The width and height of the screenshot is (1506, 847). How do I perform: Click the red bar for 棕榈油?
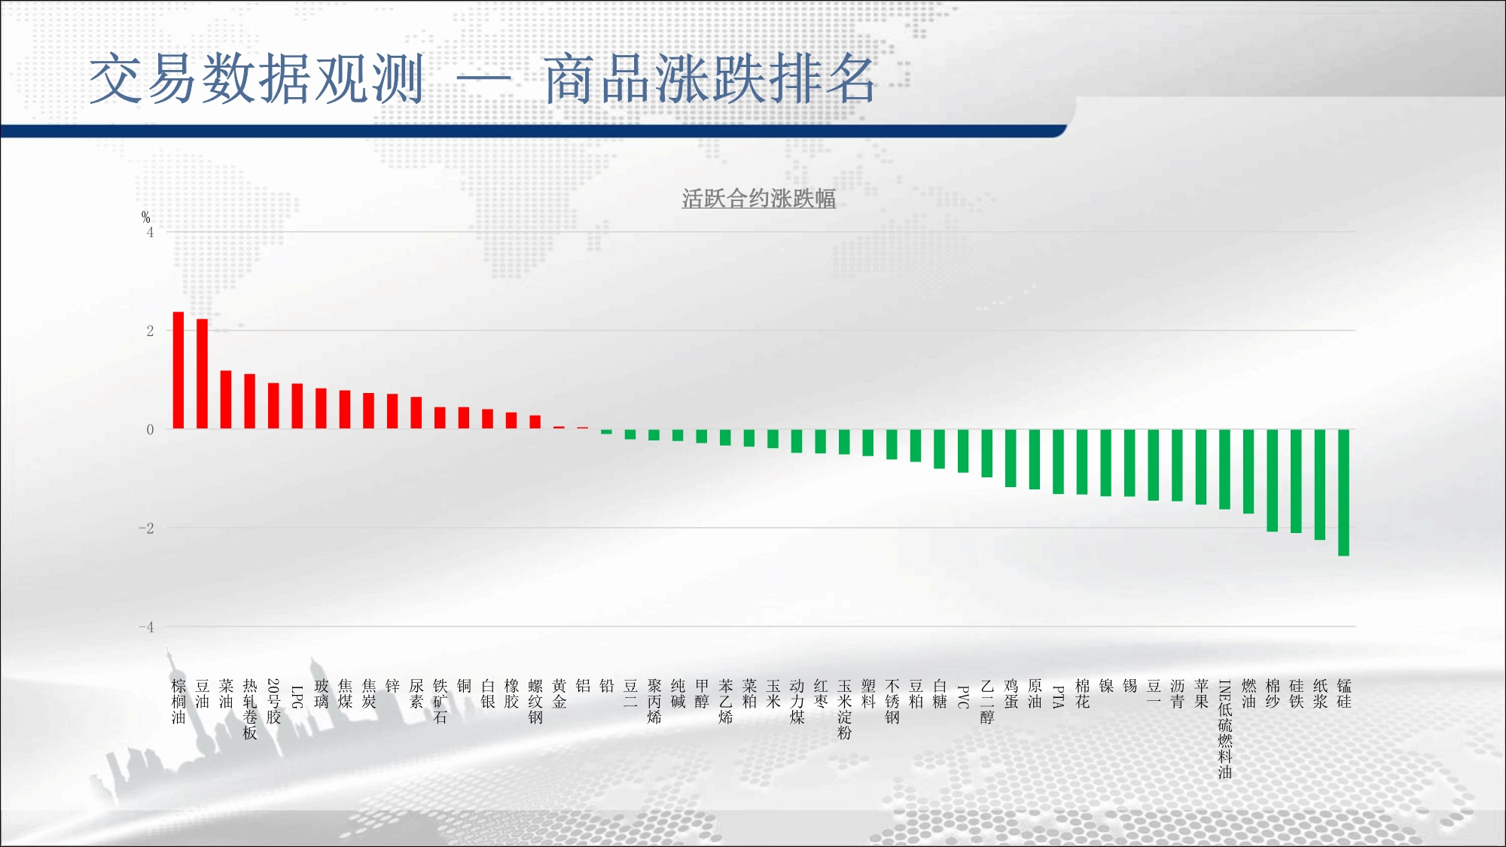pos(178,370)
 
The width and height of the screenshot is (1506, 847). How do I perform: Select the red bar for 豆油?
pos(203,374)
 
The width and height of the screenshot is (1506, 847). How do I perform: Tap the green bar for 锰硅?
pos(1344,492)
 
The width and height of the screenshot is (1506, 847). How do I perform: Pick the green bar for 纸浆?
pos(1320,485)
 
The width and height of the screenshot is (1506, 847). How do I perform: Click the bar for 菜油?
pos(226,400)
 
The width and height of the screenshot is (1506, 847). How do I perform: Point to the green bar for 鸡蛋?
pos(1011,459)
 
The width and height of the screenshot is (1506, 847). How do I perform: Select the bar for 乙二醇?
pos(987,453)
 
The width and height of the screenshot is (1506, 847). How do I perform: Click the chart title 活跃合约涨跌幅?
pos(759,199)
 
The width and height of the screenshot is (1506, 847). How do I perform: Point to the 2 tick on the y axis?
pos(150,331)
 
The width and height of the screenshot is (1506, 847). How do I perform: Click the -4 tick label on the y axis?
pos(146,626)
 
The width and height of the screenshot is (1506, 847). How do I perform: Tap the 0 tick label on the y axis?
pos(150,429)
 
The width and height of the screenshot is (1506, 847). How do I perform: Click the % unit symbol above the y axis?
pos(146,218)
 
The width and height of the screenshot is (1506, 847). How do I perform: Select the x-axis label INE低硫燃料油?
pos(1225,729)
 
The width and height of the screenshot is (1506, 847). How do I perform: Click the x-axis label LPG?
pos(297,697)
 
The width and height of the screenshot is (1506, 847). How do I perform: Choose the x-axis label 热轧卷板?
pos(250,709)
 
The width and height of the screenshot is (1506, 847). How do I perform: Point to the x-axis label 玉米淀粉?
pos(845,709)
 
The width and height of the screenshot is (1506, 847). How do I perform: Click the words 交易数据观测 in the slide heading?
pos(257,78)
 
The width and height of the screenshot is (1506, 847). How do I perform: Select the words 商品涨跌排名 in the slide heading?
pos(710,78)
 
